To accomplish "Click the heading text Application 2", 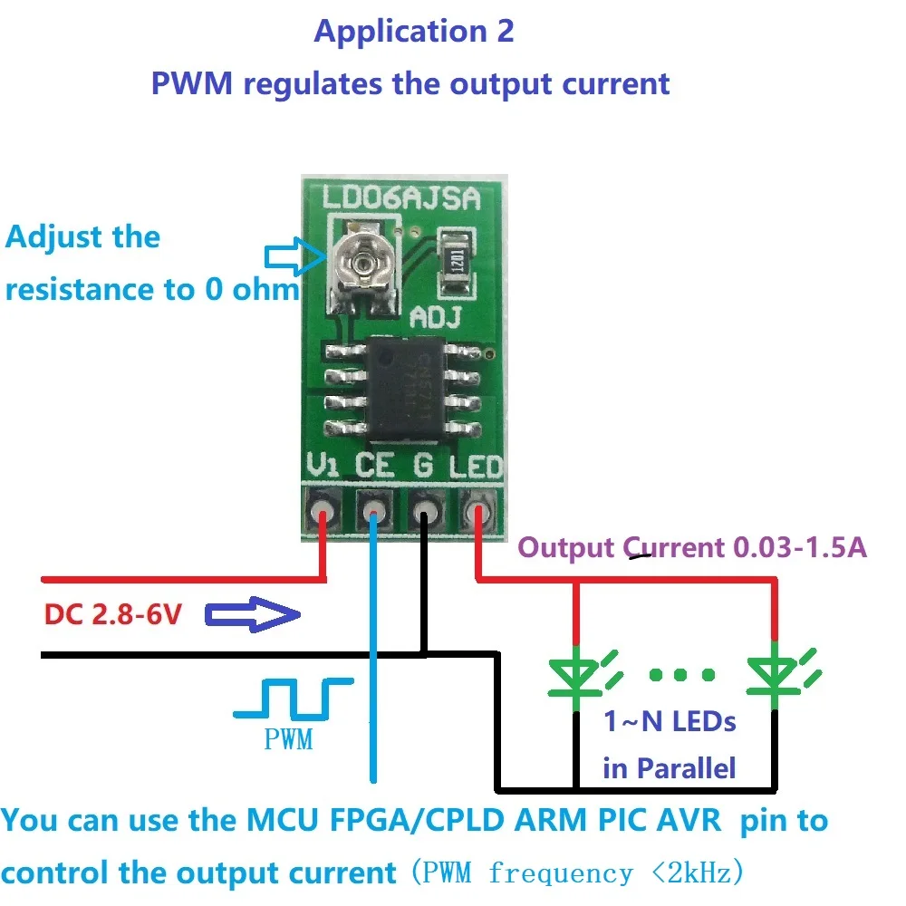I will [x=414, y=32].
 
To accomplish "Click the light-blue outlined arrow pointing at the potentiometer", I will [x=293, y=256].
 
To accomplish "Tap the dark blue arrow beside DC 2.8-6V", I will [x=253, y=616].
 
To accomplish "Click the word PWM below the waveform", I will [x=288, y=739].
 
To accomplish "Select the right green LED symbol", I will [x=776, y=675].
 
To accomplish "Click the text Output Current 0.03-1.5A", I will [x=692, y=547].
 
